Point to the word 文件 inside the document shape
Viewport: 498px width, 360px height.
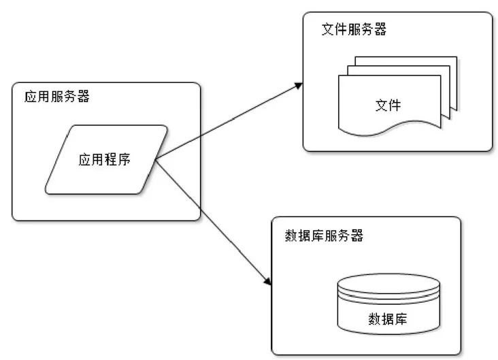pos(388,105)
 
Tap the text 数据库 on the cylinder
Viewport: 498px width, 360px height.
pos(388,319)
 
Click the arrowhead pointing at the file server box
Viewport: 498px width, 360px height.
pos(298,86)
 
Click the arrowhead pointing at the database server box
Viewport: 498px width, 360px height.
pos(267,280)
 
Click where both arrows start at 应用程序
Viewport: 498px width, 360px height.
pos(156,160)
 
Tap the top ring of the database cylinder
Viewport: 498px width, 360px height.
pos(388,282)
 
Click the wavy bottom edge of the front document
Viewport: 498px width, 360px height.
pos(388,125)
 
